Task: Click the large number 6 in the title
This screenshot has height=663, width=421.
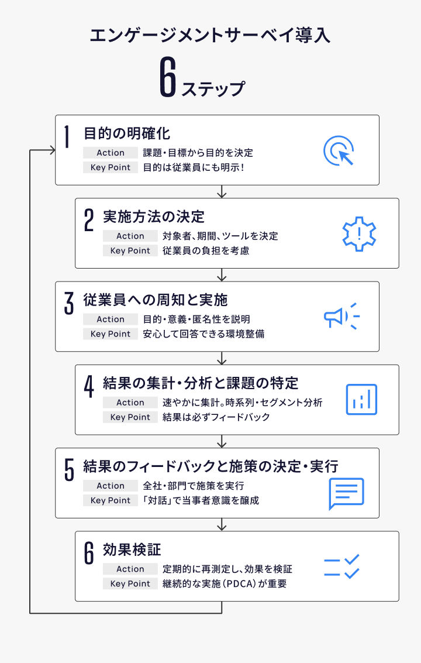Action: click(x=167, y=77)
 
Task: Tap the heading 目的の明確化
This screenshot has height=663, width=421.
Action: click(x=127, y=133)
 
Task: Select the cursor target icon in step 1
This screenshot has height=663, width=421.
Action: click(x=339, y=150)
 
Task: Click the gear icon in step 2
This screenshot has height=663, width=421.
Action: click(x=359, y=234)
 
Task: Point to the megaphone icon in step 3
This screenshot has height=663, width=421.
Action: click(x=342, y=316)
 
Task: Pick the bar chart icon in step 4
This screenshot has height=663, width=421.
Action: click(x=361, y=400)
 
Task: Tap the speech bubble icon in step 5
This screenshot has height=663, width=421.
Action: click(x=347, y=493)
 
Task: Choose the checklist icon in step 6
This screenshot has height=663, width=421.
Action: click(x=341, y=566)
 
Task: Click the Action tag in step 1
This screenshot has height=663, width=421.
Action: click(x=111, y=153)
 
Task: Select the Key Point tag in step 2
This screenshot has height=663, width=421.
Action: click(x=130, y=250)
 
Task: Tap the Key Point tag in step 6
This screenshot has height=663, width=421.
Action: click(x=130, y=583)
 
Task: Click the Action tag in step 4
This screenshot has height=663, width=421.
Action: click(x=130, y=403)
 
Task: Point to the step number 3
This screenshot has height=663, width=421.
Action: click(x=69, y=303)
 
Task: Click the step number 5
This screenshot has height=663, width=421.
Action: click(x=69, y=470)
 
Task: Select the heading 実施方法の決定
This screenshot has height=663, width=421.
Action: click(x=154, y=217)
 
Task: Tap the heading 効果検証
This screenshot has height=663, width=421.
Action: click(x=132, y=549)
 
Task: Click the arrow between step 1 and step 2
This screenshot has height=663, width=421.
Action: click(x=222, y=191)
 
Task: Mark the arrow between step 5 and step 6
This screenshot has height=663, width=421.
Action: click(x=222, y=525)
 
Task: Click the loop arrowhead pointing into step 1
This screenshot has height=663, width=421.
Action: click(x=53, y=150)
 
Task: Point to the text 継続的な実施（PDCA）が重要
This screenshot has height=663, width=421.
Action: click(x=225, y=583)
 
